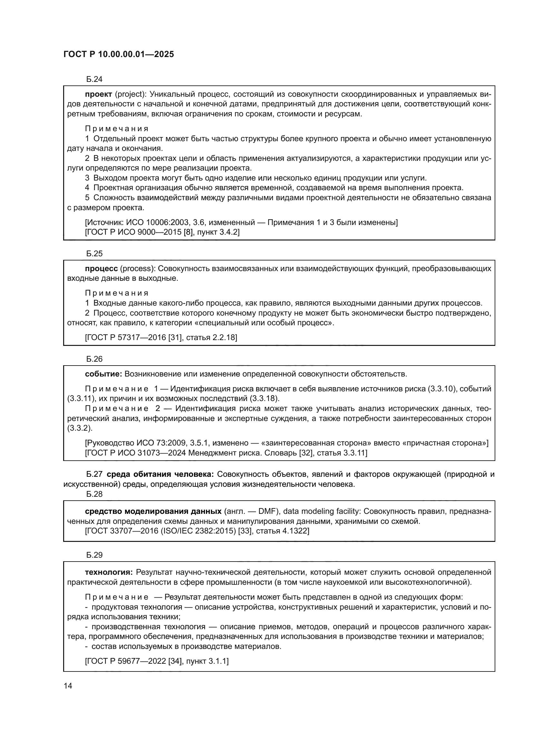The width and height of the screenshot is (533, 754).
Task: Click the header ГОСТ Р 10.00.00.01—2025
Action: click(119, 54)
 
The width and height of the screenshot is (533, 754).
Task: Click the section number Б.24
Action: click(94, 79)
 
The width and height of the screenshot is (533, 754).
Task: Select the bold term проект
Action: click(99, 94)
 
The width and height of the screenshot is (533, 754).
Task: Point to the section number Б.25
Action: click(94, 253)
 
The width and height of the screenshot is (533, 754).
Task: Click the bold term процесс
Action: click(101, 269)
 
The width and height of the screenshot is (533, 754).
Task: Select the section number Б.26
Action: click(94, 359)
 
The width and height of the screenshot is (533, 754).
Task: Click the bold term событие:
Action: click(103, 374)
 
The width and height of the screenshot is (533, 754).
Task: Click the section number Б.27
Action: click(94, 474)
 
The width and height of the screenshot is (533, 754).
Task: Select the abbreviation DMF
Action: click(268, 511)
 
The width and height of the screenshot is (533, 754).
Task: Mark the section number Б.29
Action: click(94, 555)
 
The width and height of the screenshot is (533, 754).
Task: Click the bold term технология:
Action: click(109, 573)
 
